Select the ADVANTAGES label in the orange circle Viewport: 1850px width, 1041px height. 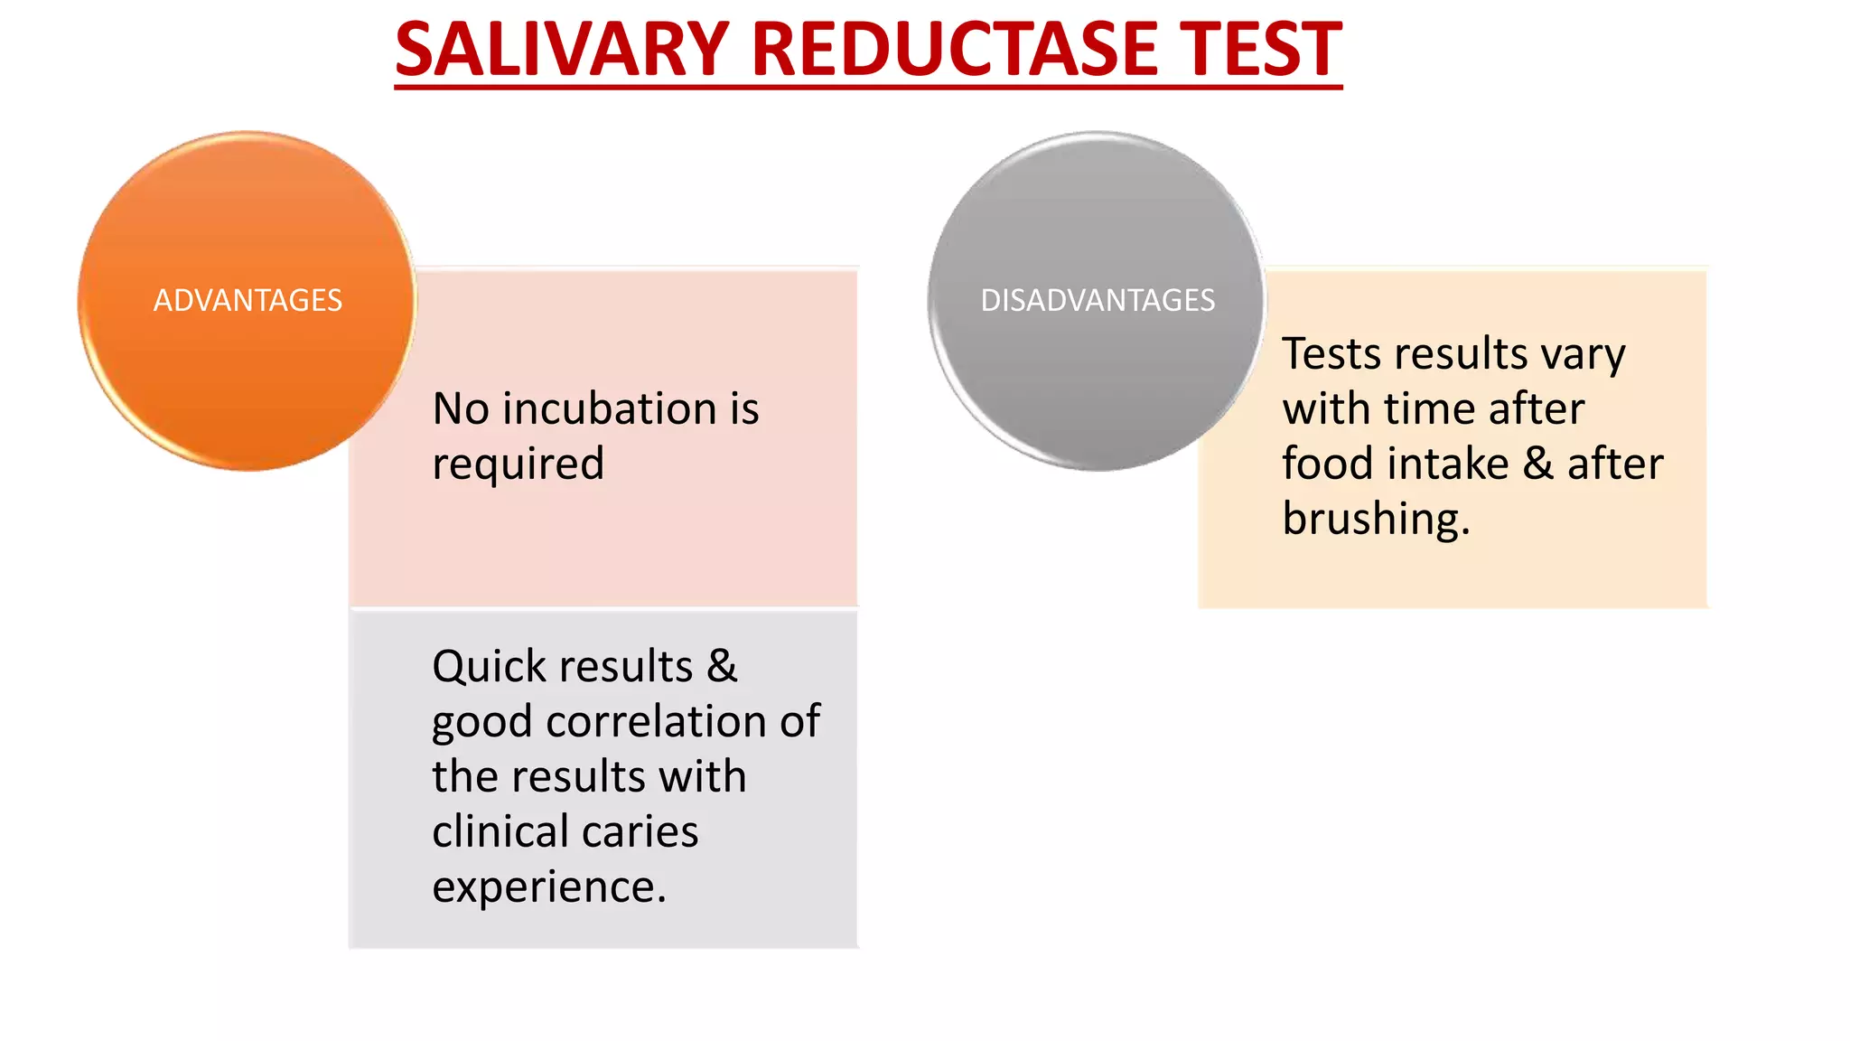click(248, 300)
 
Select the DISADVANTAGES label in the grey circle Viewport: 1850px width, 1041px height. click(1098, 300)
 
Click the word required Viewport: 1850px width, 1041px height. click(518, 465)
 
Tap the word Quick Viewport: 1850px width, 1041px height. click(489, 668)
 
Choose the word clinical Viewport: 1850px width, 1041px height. click(505, 831)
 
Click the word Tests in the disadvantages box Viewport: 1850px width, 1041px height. click(1332, 353)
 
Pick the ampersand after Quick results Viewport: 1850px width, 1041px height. click(722, 667)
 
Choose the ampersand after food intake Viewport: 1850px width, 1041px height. click(1537, 464)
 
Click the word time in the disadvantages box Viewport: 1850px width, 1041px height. click(1433, 408)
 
